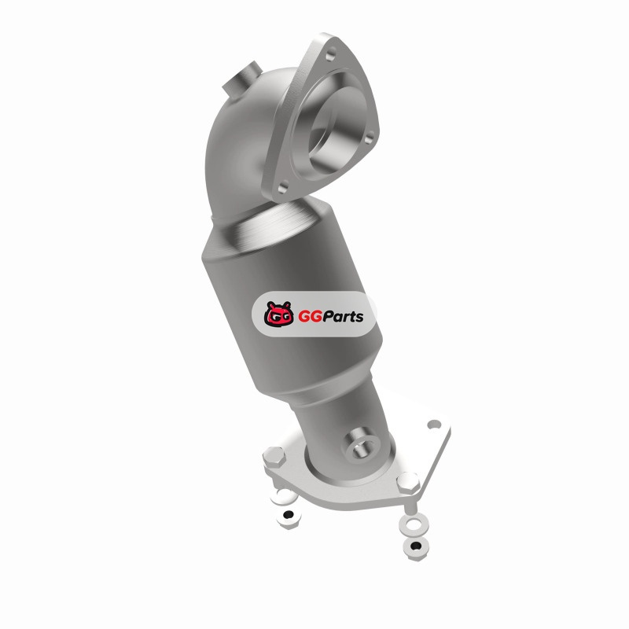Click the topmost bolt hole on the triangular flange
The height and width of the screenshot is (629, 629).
[x=331, y=55]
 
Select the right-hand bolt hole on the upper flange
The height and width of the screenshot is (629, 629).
[x=370, y=136]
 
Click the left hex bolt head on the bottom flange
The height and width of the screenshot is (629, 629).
[x=274, y=458]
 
